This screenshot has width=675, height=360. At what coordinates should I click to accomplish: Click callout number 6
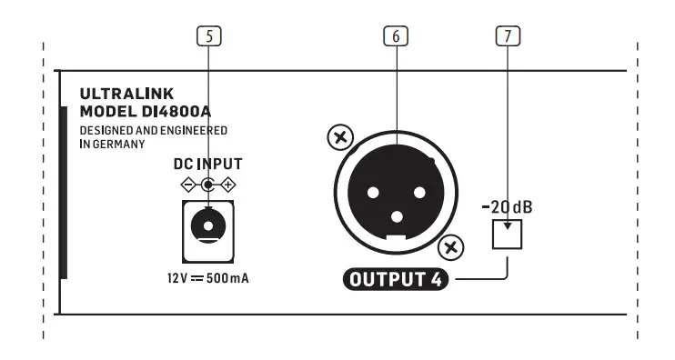[396, 36]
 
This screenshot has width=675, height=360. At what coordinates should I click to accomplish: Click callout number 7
[508, 36]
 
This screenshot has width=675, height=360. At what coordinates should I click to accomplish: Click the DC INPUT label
[208, 165]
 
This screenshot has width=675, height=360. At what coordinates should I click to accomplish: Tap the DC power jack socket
[208, 222]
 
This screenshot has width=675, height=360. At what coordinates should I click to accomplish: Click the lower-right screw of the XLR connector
[450, 247]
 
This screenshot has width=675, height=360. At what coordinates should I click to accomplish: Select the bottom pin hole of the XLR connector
[396, 216]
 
